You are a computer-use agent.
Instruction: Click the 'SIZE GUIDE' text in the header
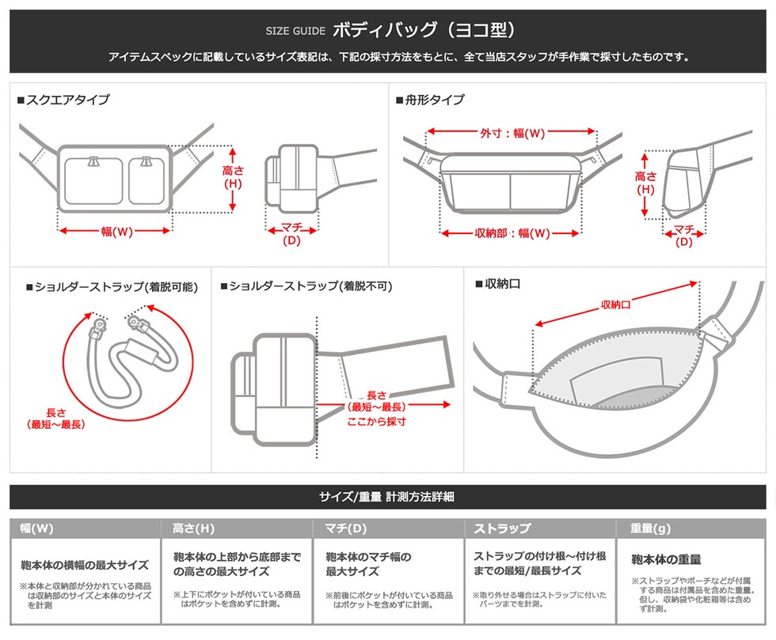(x=295, y=32)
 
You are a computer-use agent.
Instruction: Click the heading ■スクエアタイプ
(x=63, y=100)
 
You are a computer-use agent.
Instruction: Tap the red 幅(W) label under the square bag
(x=116, y=231)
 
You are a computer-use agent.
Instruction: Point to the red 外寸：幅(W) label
(x=512, y=133)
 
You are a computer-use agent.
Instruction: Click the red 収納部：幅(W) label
(x=512, y=233)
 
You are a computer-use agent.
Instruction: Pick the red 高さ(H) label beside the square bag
(x=232, y=177)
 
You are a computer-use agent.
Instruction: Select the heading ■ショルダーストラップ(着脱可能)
(x=112, y=286)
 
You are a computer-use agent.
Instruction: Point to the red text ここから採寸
(x=376, y=422)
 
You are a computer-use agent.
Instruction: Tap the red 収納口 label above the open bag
(x=615, y=305)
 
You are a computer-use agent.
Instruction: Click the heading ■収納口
(x=497, y=283)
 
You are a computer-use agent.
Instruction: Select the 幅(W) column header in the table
(x=38, y=528)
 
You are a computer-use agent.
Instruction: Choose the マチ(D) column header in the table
(x=346, y=528)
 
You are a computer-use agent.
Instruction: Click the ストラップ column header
(x=502, y=528)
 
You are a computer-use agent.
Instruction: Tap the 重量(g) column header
(x=650, y=528)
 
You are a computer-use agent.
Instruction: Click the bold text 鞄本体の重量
(x=666, y=560)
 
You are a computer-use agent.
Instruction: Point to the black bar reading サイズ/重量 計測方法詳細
(x=387, y=497)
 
